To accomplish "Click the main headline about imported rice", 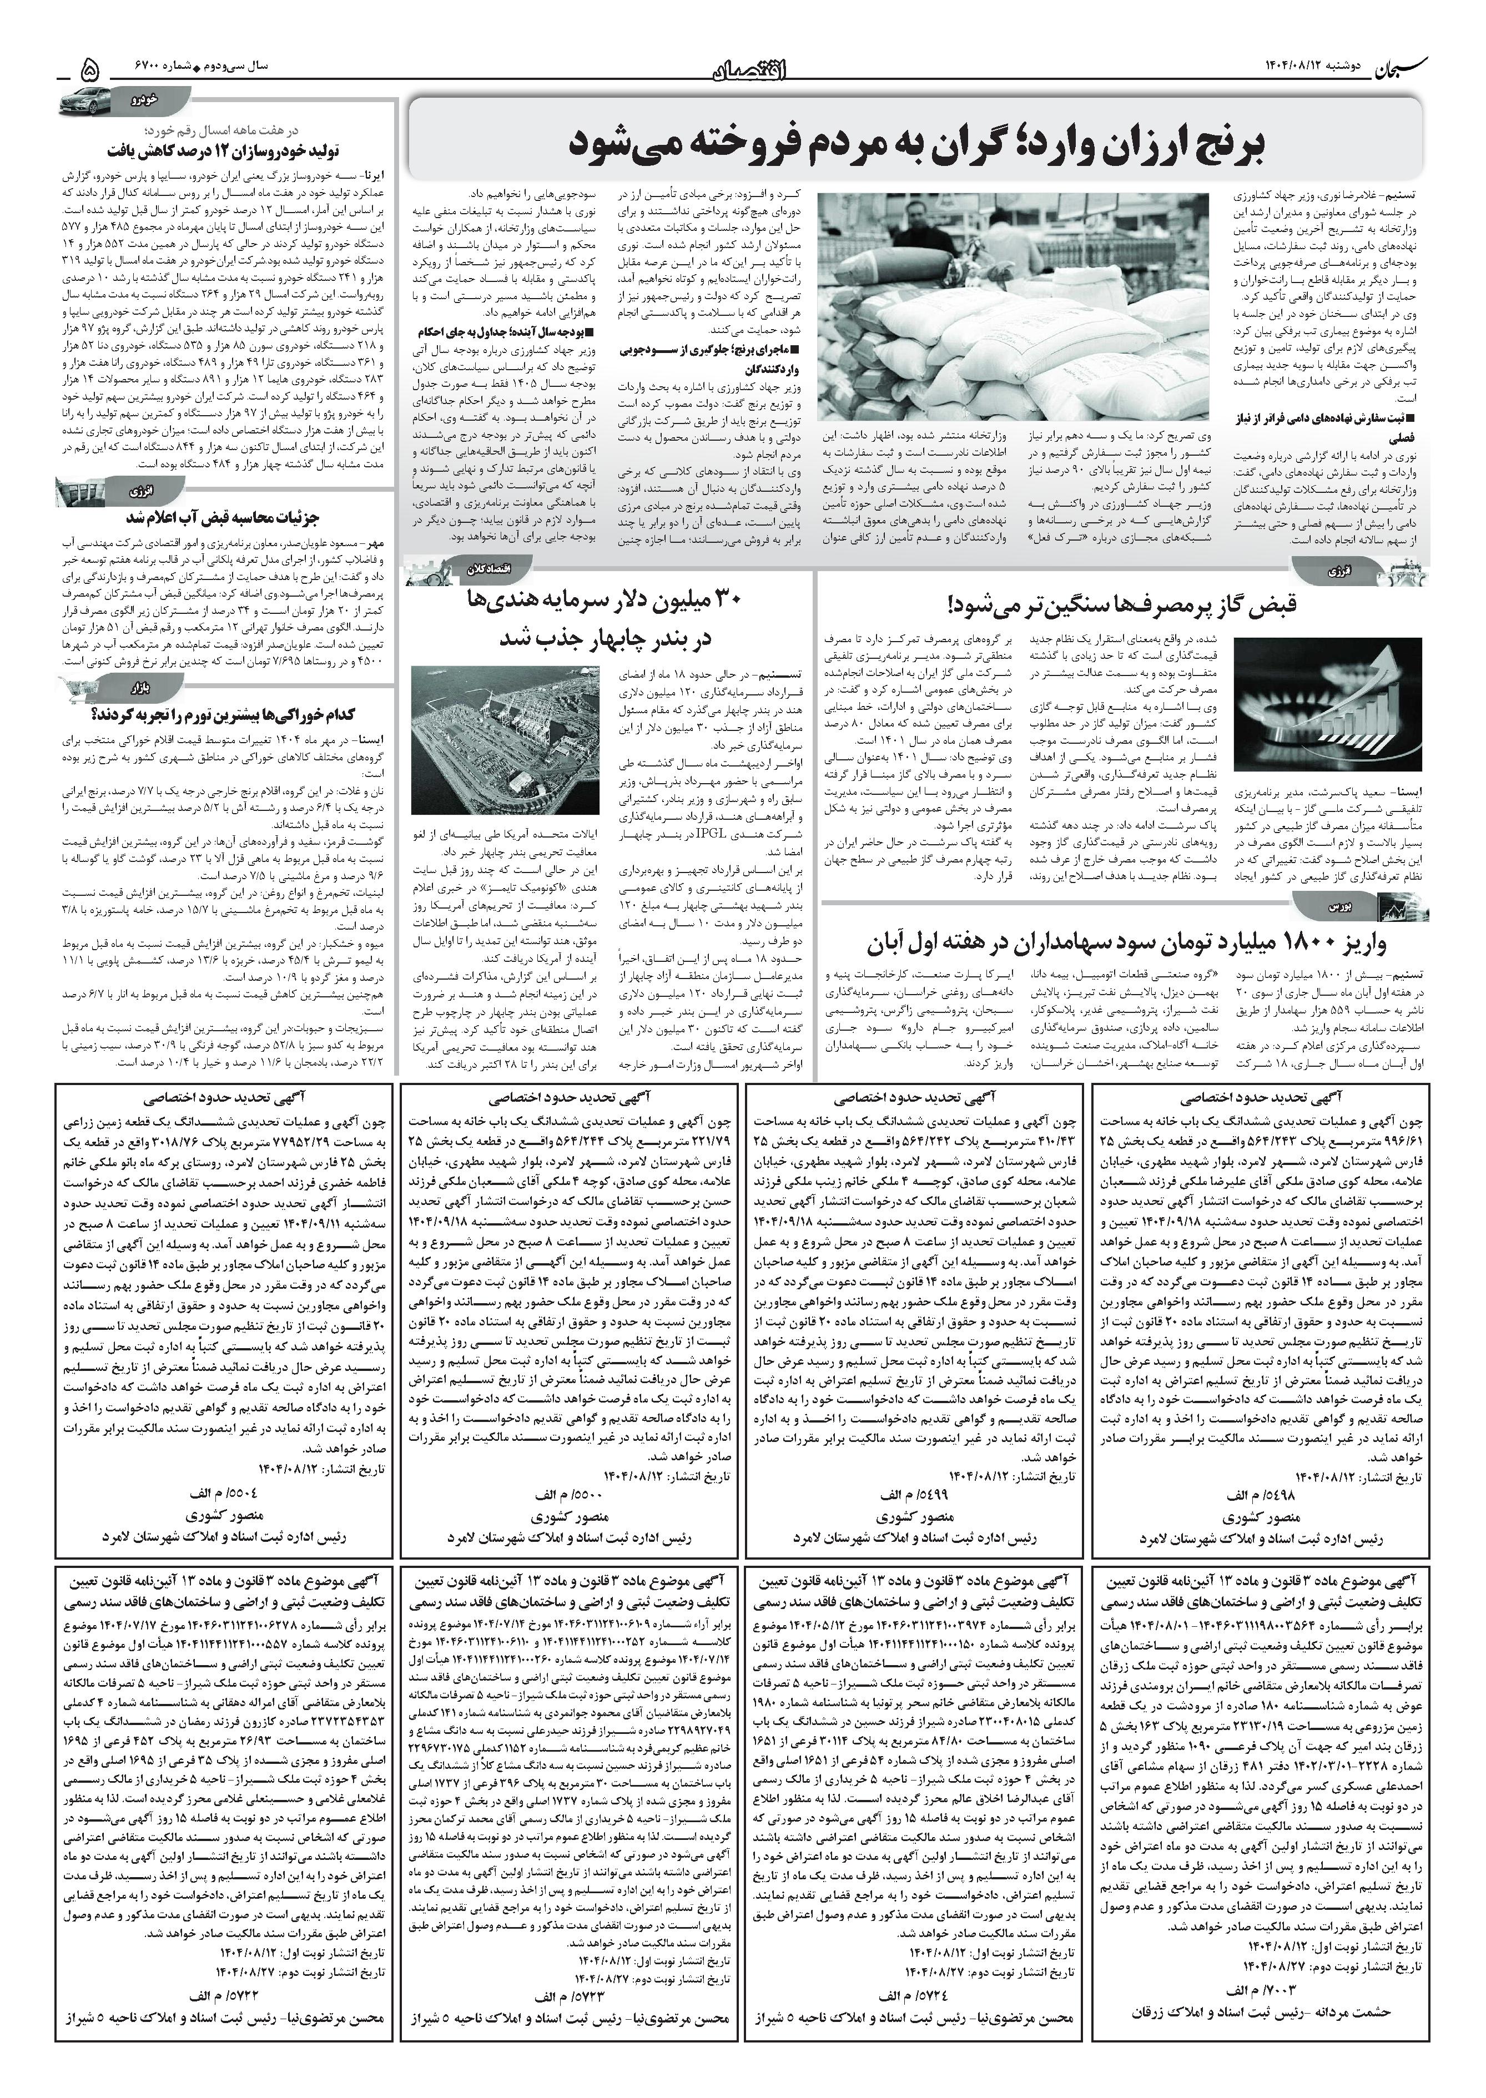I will point(915,144).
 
